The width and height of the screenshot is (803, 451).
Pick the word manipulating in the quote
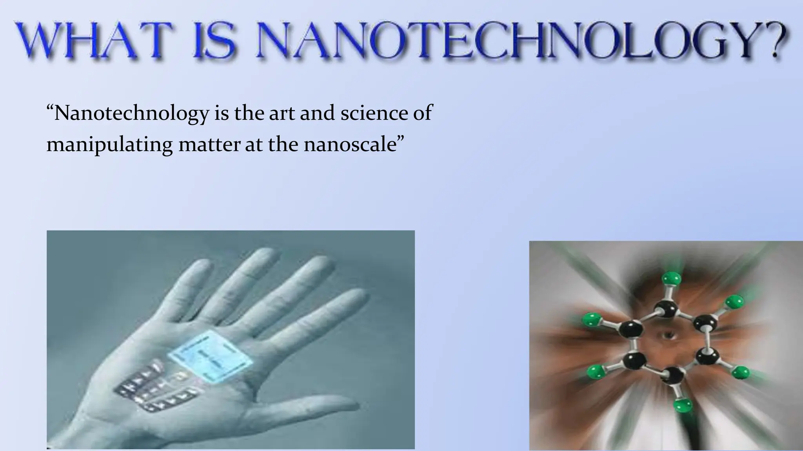point(109,145)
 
